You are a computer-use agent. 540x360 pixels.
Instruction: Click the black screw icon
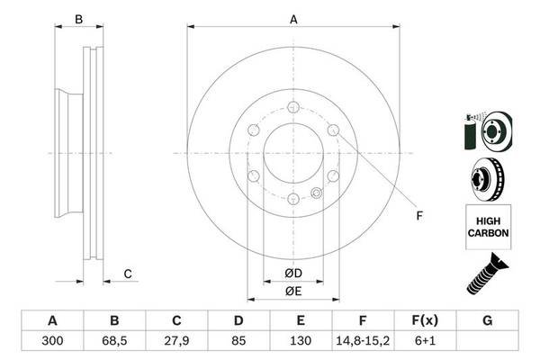tap(487, 273)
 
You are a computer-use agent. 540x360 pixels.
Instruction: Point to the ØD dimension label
tap(292, 273)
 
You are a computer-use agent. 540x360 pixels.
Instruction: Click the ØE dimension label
tap(292, 291)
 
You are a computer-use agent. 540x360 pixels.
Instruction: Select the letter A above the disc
tap(292, 19)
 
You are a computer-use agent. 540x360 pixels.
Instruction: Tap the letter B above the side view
tap(78, 19)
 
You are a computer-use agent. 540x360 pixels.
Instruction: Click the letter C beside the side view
tap(127, 274)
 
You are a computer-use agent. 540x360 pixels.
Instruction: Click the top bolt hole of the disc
tap(293, 105)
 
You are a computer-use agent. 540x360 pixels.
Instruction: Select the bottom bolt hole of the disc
tap(293, 198)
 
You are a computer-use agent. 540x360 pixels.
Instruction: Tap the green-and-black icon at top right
tap(485, 131)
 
